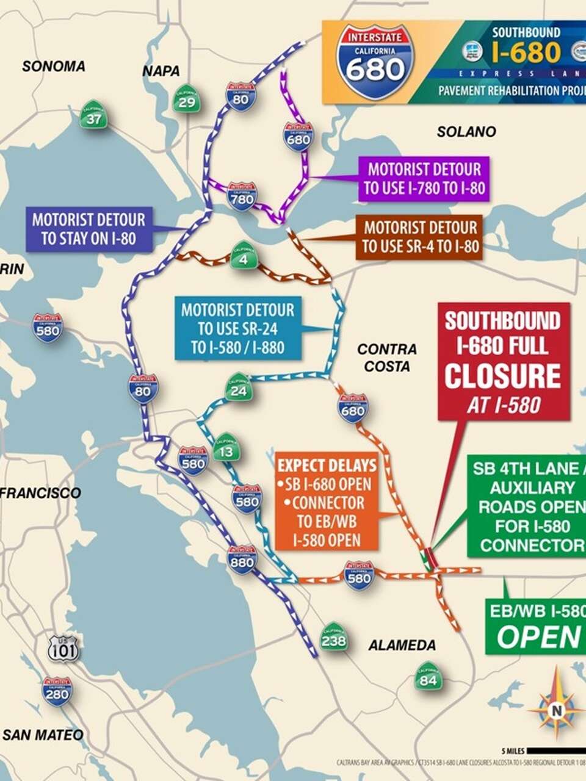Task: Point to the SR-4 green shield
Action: tap(243, 254)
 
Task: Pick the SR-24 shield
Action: tap(237, 387)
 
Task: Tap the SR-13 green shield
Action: tap(225, 448)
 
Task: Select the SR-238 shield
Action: tap(333, 638)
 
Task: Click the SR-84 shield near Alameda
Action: tap(428, 676)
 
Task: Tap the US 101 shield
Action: tap(63, 649)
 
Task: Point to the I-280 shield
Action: tap(56, 692)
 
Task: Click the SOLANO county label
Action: tap(466, 131)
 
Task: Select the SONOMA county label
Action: tap(54, 66)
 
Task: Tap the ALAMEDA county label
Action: tap(402, 645)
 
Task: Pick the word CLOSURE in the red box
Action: tap(502, 376)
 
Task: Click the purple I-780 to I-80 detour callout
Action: tap(424, 178)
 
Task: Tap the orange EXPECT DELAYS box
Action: tap(327, 502)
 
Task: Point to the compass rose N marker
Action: tap(556, 710)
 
